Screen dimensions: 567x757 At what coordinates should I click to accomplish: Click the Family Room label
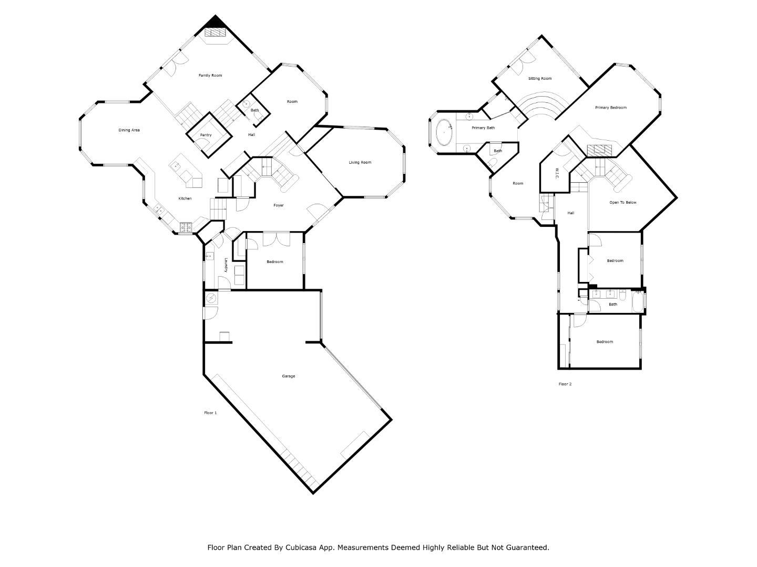point(210,76)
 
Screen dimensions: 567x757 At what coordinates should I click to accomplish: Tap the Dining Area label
point(129,130)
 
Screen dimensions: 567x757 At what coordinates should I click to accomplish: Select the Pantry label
point(206,135)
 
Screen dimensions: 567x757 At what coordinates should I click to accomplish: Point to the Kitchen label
point(185,198)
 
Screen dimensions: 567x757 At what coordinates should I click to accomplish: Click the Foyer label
point(279,205)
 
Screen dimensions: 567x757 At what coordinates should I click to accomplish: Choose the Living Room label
point(360,163)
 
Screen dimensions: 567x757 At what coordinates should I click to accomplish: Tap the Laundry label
point(226,265)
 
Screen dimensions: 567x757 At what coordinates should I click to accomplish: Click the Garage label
point(288,376)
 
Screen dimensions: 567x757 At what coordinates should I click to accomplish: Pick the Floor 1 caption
point(210,413)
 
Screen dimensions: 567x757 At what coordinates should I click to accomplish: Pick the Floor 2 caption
point(565,384)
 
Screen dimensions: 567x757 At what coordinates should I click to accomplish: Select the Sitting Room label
point(540,79)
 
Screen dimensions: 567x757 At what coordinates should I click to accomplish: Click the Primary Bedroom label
point(610,108)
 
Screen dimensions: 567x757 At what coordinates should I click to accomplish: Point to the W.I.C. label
point(556,173)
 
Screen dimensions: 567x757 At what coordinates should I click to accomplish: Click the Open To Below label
point(623,203)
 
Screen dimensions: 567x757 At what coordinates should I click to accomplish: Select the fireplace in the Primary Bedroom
point(600,150)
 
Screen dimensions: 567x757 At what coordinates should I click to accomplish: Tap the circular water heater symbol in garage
point(211,299)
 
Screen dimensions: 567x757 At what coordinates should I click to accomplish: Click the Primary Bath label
point(483,128)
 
